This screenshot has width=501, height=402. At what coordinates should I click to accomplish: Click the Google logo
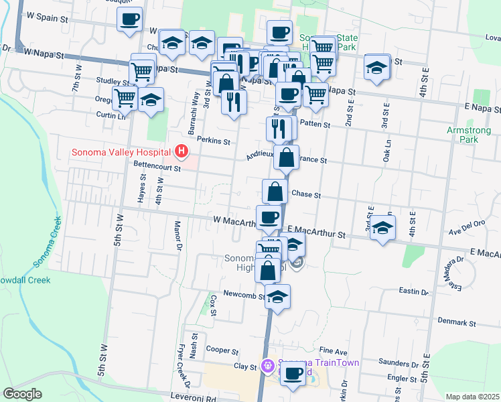pyautogui.click(x=22, y=394)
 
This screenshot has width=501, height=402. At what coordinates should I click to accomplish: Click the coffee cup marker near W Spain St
pyautogui.click(x=130, y=19)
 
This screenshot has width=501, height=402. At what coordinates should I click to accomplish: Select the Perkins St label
pyautogui.click(x=214, y=141)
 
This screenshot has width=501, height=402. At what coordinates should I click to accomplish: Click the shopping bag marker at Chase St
pyautogui.click(x=275, y=192)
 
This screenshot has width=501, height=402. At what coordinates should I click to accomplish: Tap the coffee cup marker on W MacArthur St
pyautogui.click(x=269, y=217)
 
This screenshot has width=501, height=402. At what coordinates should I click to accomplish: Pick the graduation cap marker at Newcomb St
pyautogui.click(x=277, y=297)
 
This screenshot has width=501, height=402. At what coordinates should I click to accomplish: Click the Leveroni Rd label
pyautogui.click(x=195, y=397)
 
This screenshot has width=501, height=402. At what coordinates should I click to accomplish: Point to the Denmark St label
pyautogui.click(x=456, y=322)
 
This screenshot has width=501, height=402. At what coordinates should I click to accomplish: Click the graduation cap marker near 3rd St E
pyautogui.click(x=382, y=228)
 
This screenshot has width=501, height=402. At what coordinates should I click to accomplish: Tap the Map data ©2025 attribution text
pyautogui.click(x=472, y=397)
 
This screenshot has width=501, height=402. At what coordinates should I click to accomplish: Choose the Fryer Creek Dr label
pyautogui.click(x=181, y=368)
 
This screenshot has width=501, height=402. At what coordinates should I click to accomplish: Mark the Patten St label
pyautogui.click(x=318, y=125)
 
